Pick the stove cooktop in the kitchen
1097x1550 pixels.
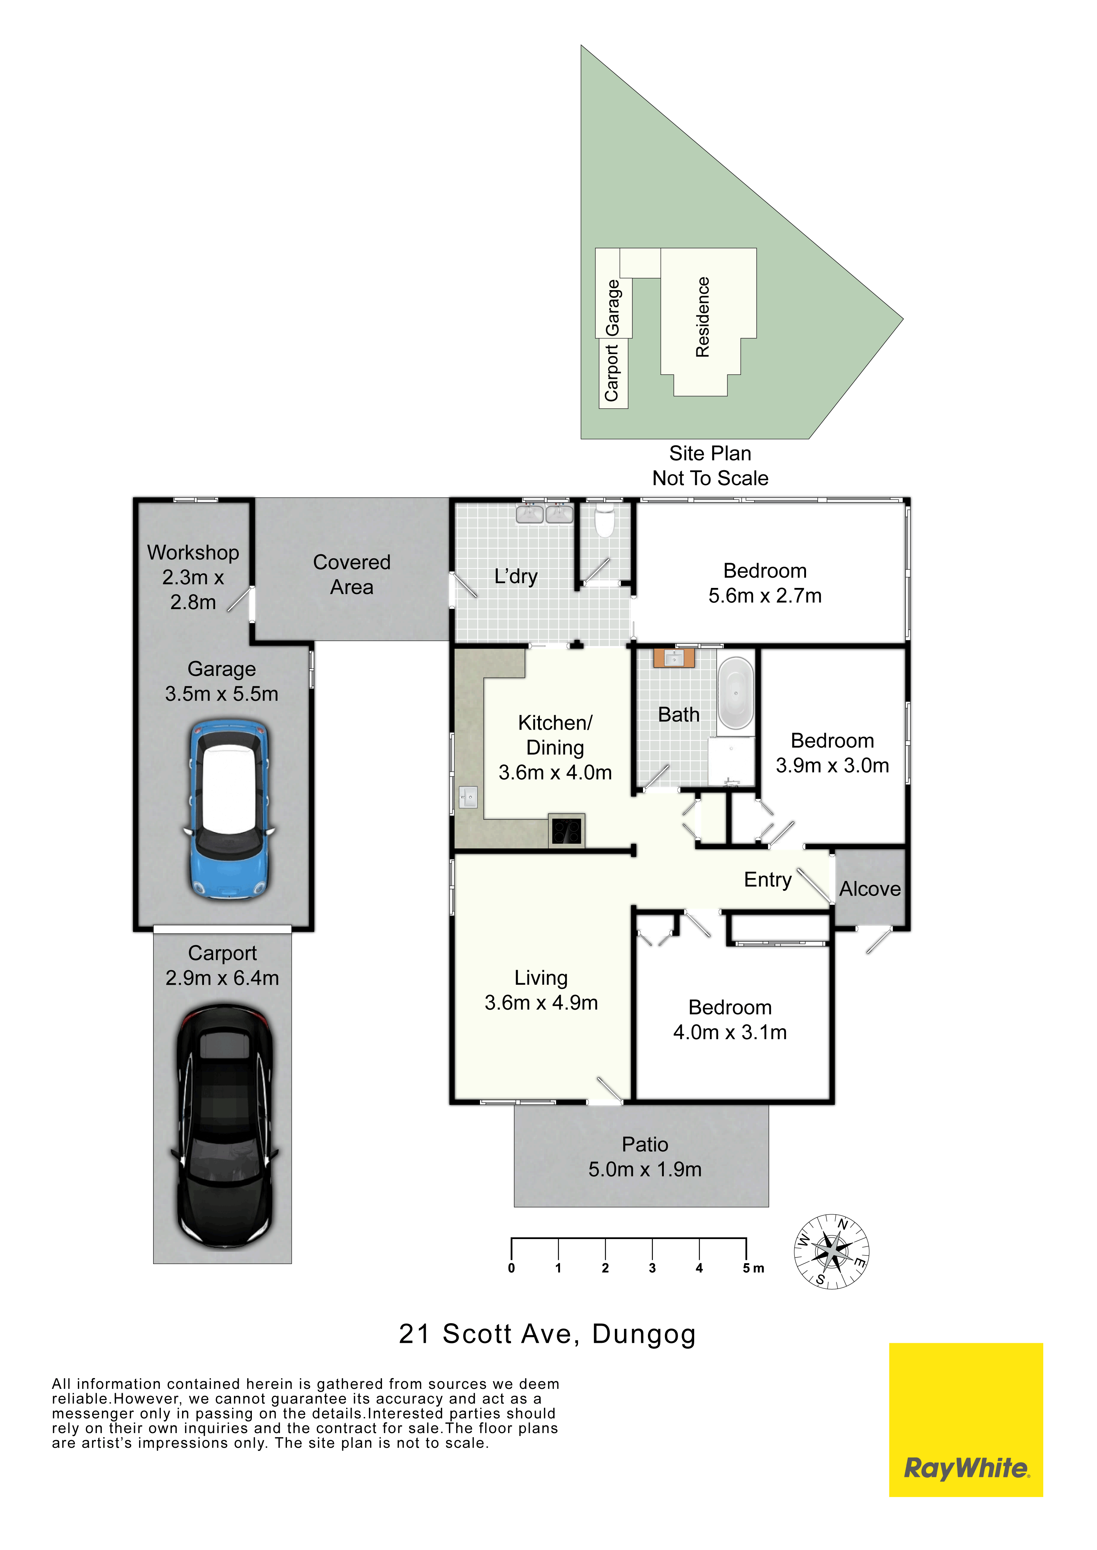(566, 830)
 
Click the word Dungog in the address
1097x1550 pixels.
(644, 1335)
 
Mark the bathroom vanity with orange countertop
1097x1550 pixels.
(674, 658)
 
